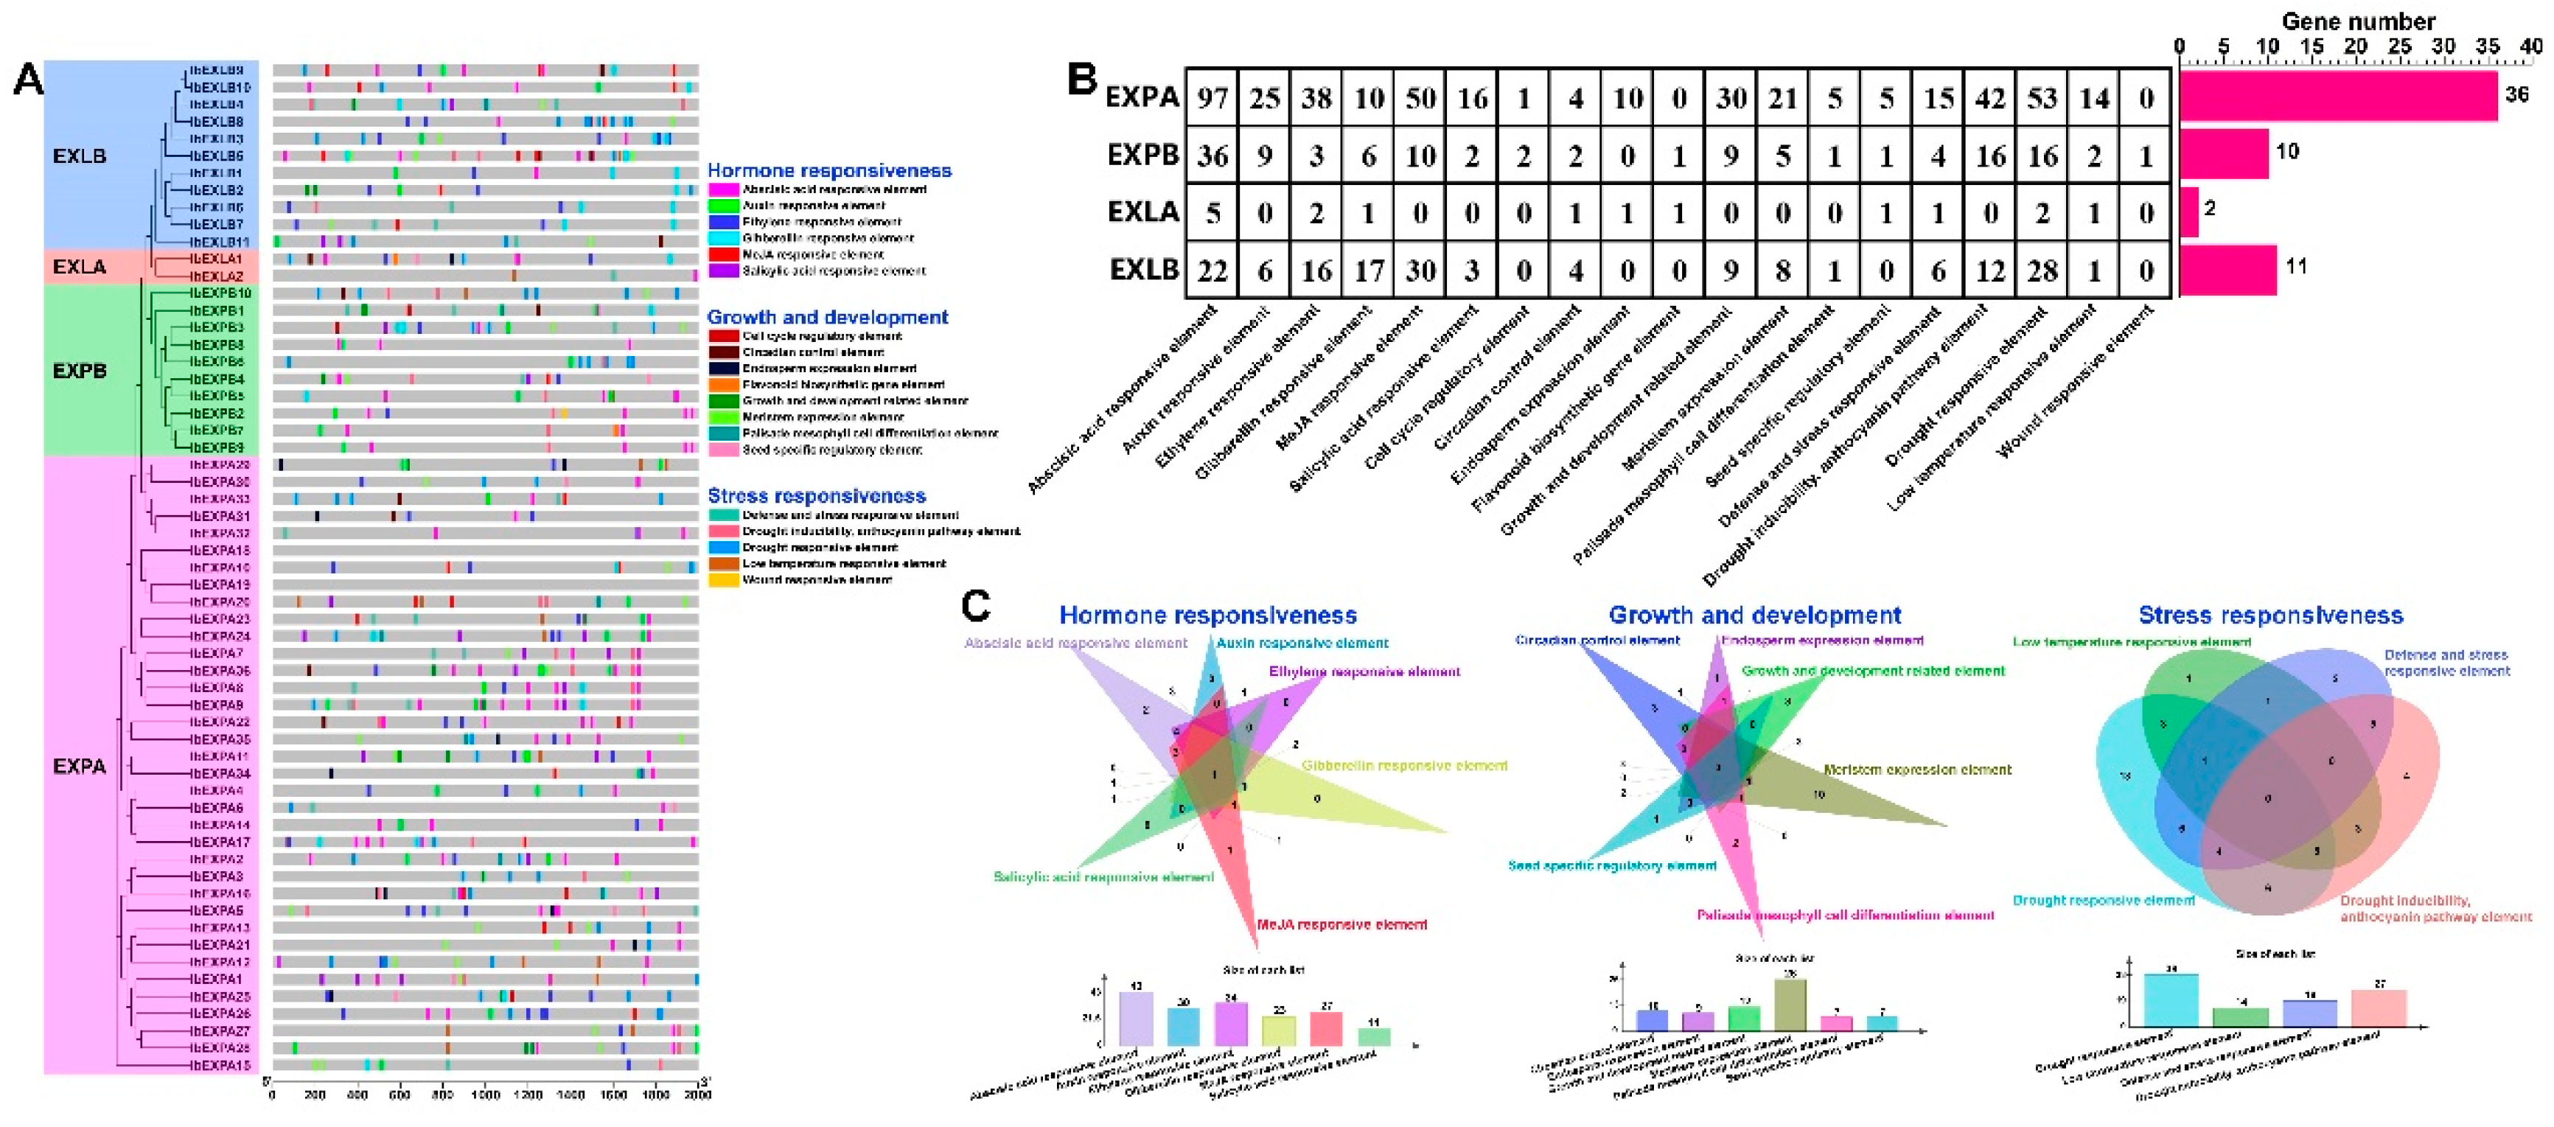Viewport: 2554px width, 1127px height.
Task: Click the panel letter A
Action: [28, 80]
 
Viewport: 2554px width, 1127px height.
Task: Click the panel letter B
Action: [1082, 80]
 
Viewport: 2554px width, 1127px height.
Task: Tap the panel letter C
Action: [976, 604]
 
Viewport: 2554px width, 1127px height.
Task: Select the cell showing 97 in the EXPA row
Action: [1212, 97]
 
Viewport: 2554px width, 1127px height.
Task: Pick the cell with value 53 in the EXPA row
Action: [2042, 97]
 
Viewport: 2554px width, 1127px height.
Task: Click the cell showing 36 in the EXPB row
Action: [1212, 156]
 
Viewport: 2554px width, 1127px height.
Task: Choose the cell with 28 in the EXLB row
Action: [2042, 270]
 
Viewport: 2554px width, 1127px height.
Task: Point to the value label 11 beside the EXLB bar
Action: [2295, 265]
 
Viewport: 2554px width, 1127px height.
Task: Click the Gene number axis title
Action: [2358, 21]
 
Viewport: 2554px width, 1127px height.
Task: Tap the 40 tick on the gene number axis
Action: [2531, 46]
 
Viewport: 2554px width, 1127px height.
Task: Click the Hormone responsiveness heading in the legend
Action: [829, 170]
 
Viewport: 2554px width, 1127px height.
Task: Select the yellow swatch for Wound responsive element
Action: [723, 580]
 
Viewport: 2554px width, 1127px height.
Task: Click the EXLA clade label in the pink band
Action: [80, 267]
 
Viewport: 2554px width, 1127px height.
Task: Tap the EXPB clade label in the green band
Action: [80, 371]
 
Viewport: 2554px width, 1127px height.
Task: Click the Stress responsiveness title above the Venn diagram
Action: [2270, 615]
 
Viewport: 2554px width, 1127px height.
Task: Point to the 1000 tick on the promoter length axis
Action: [486, 1095]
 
